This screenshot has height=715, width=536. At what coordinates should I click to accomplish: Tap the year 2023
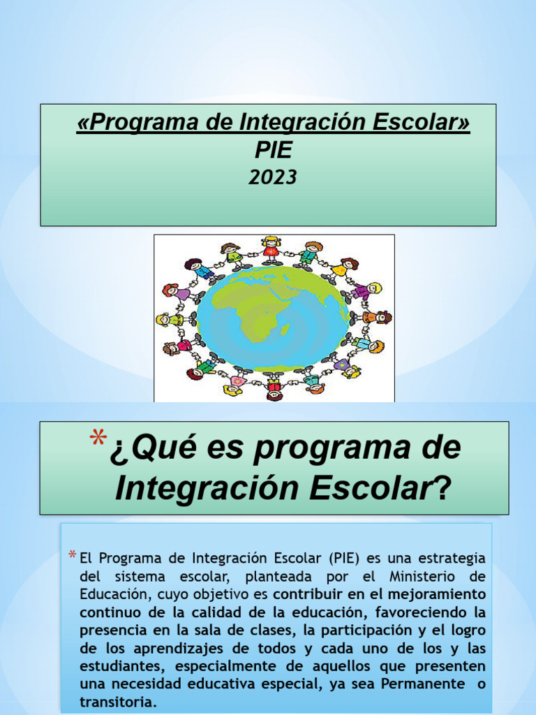coord(273,177)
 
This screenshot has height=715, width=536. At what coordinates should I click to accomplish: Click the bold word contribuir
coord(310,594)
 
